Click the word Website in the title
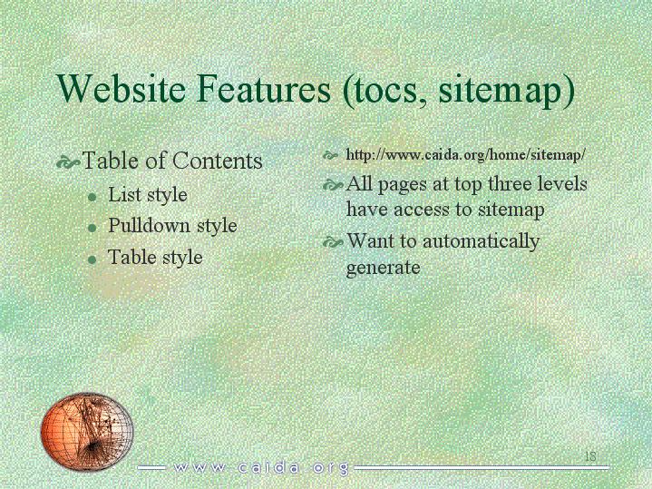121,88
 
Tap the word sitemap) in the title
507,92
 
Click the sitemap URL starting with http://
466,155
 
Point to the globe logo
87,432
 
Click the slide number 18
590,456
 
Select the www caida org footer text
261,468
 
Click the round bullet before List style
92,197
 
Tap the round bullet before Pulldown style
92,228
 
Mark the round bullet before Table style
92,259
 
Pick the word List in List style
122,194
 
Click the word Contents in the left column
218,161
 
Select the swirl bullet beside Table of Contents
68,162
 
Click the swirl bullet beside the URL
331,156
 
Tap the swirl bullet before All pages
334,185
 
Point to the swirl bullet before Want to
334,242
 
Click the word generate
383,268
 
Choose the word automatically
482,242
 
